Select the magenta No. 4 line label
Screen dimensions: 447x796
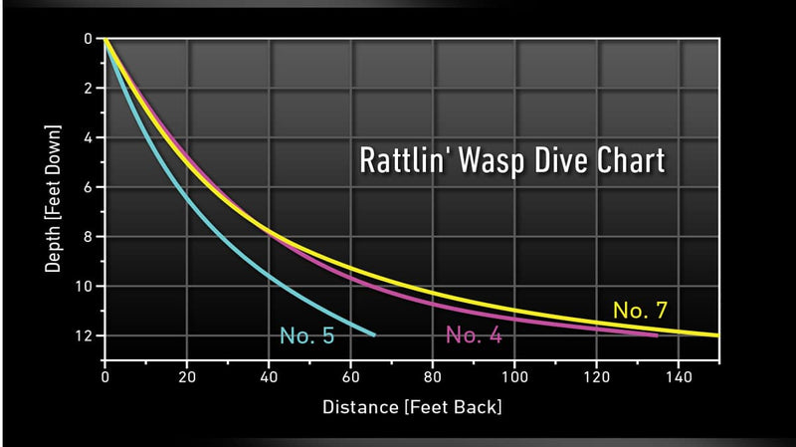click(x=474, y=335)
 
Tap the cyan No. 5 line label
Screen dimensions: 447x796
click(x=306, y=335)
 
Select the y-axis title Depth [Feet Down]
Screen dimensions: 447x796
click(x=51, y=198)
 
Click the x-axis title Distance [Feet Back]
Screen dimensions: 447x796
click(x=411, y=408)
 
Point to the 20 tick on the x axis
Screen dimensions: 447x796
click(x=187, y=377)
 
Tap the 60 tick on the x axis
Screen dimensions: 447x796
click(x=350, y=377)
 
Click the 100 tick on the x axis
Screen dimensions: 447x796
click(x=514, y=377)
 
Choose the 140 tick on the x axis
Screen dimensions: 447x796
click(x=678, y=377)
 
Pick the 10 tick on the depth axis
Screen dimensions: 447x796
click(x=85, y=286)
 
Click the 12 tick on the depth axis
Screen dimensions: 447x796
click(x=85, y=335)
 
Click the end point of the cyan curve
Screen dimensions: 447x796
click(x=374, y=335)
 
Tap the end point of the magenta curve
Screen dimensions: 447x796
click(x=657, y=335)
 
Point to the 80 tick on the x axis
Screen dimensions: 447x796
click(x=432, y=377)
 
